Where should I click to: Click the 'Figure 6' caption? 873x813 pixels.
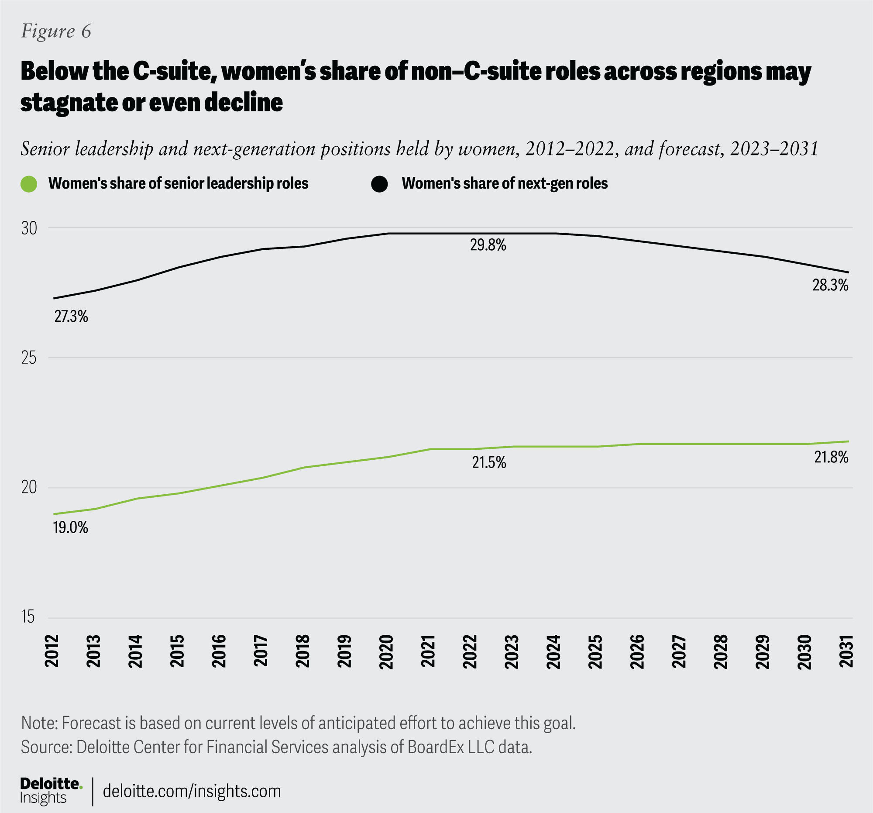click(56, 31)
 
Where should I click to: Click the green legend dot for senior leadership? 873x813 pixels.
click(29, 184)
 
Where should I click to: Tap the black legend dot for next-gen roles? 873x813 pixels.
click(379, 184)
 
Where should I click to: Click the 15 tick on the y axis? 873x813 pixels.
click(28, 617)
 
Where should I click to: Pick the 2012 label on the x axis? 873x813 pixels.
click(52, 651)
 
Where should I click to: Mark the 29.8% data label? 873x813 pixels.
click(488, 245)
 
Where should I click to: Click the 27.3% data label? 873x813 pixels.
click(71, 316)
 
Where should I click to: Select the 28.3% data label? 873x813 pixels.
click(830, 286)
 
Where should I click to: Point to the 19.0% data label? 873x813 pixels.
click(71, 527)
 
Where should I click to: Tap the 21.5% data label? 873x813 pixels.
click(489, 462)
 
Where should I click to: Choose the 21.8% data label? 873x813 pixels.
click(831, 458)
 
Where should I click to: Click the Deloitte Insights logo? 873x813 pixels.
click(51, 791)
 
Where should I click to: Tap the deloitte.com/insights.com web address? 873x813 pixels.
click(192, 791)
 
